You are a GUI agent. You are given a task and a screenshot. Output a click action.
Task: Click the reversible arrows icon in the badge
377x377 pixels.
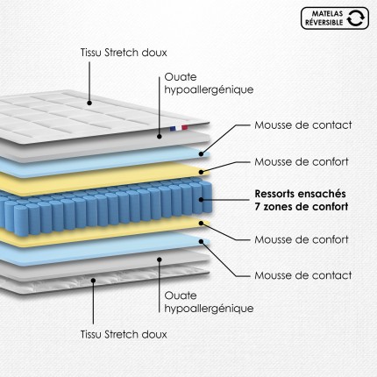pyautogui.click(x=355, y=18)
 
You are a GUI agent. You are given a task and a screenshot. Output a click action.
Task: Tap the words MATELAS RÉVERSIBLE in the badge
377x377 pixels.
pyautogui.click(x=324, y=18)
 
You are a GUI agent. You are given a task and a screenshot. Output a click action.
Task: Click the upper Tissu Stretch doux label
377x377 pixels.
pyautogui.click(x=124, y=53)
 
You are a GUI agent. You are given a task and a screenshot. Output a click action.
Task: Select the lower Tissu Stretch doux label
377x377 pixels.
pyautogui.click(x=124, y=334)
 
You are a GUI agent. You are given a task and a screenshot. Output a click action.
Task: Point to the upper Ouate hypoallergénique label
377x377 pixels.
pyautogui.click(x=209, y=83)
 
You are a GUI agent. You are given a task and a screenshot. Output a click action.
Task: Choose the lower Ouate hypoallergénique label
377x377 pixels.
pyautogui.click(x=209, y=302)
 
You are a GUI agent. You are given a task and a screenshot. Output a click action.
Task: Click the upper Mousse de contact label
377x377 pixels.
pyautogui.click(x=303, y=125)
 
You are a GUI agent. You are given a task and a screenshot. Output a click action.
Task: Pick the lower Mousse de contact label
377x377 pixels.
pyautogui.click(x=303, y=275)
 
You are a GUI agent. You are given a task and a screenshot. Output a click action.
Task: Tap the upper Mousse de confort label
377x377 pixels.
pyautogui.click(x=302, y=161)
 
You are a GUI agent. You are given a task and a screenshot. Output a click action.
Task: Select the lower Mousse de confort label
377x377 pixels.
pyautogui.click(x=302, y=239)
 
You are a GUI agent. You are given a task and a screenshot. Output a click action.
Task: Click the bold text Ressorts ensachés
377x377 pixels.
pyautogui.click(x=300, y=194)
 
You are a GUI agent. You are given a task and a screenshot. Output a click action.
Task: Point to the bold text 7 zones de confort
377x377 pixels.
pyautogui.click(x=302, y=207)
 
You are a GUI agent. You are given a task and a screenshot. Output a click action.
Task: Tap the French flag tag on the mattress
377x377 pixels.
pyautogui.click(x=179, y=128)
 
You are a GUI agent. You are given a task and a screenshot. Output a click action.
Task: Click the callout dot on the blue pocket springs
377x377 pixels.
pyautogui.click(x=201, y=200)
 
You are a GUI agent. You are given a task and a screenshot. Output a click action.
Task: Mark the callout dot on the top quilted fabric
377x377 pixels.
pyautogui.click(x=89, y=103)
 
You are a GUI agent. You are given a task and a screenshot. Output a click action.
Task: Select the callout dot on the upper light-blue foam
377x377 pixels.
pyautogui.click(x=201, y=153)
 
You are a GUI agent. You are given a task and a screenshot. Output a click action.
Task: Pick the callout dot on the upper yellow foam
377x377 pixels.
pyautogui.click(x=201, y=172)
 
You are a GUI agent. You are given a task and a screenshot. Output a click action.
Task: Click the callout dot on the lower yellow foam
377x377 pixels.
pyautogui.click(x=201, y=224)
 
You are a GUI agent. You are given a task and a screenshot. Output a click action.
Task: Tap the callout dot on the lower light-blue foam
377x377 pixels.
pyautogui.click(x=201, y=241)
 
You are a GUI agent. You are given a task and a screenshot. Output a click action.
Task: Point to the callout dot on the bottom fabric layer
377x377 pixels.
pyautogui.click(x=93, y=281)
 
